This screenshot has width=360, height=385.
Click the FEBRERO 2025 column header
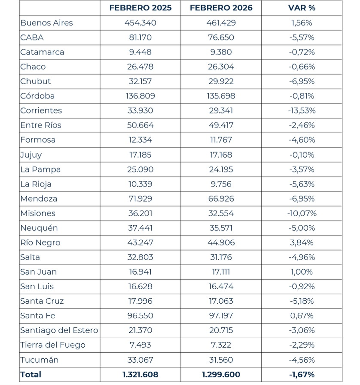140,8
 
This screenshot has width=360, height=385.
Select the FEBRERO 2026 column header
221,8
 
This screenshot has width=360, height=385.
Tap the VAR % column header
302,8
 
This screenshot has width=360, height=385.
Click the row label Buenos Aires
46,23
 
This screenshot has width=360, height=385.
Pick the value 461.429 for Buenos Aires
221,23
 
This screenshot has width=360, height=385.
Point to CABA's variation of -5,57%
302,38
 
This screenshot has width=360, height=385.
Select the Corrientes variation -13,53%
302,111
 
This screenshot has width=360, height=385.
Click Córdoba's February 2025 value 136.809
140,96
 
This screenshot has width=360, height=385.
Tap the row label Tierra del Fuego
53,345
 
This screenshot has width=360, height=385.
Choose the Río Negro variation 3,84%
302,242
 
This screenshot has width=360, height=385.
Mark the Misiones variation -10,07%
302,213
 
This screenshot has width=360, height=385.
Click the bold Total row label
31,374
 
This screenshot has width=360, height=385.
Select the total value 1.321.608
140,374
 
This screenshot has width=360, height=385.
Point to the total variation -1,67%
302,374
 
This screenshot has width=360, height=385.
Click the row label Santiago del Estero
59,330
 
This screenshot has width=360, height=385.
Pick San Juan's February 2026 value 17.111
221,272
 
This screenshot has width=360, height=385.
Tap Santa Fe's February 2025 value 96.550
140,316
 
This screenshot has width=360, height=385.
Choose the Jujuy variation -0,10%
302,155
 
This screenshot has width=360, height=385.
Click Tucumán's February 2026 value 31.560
221,360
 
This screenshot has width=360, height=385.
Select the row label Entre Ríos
41,125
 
